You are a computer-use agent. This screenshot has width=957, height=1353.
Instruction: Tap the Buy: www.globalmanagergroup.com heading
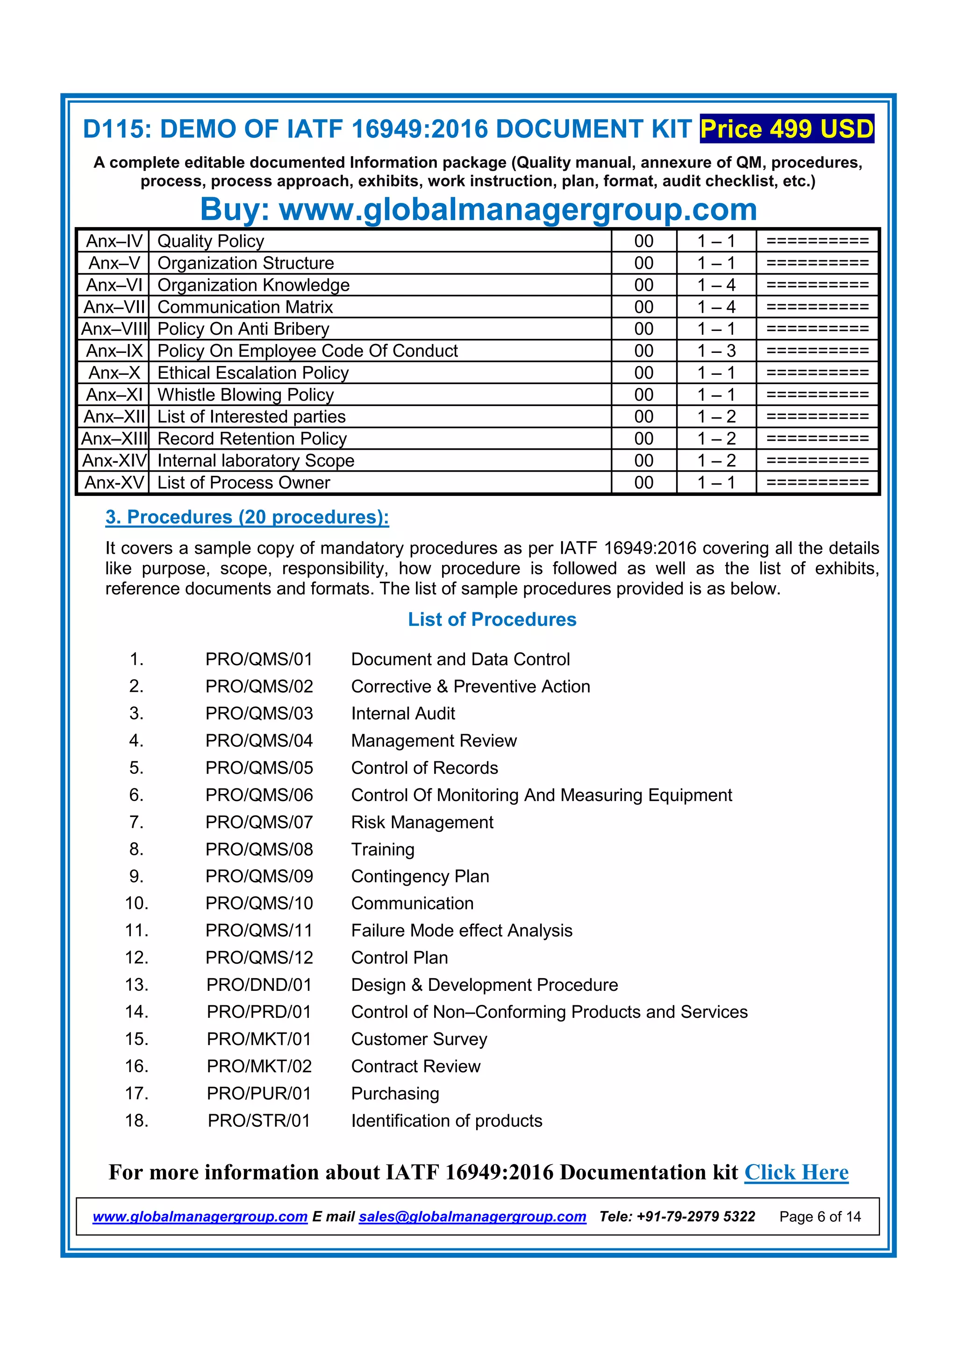pos(478,209)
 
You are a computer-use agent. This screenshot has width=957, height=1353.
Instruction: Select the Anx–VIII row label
pos(114,329)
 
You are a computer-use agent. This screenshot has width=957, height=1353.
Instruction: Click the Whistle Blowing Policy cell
pos(245,395)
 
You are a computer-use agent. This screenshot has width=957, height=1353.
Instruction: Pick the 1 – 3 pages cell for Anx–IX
pos(716,351)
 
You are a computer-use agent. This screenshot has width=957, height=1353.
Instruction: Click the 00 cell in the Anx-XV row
pos(643,483)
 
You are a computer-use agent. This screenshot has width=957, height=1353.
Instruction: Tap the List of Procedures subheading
pos(492,619)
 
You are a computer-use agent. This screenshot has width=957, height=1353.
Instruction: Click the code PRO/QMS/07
pos(259,822)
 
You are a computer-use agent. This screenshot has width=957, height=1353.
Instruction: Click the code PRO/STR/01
pos(259,1120)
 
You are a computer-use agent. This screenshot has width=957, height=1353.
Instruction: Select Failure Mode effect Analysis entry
pos(461,931)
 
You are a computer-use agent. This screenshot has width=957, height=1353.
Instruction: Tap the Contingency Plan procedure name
pos(420,876)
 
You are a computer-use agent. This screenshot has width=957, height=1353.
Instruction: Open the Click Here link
pos(796,1172)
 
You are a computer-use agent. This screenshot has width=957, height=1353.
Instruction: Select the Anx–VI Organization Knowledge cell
pos(253,285)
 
